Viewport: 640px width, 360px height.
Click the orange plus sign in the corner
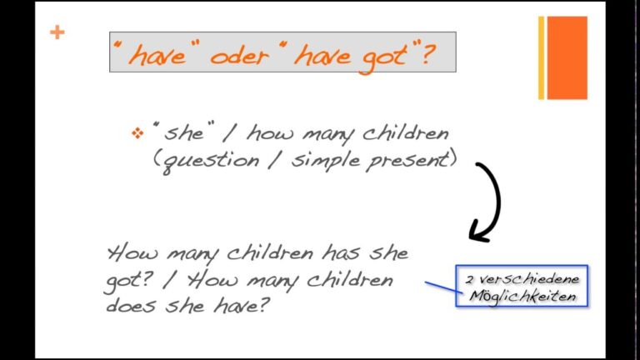click(x=57, y=32)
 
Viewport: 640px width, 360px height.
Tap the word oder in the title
click(x=240, y=56)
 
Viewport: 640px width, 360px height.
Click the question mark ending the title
click(x=427, y=53)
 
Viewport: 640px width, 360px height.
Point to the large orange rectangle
click(x=567, y=57)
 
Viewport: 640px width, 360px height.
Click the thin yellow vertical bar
click(x=541, y=57)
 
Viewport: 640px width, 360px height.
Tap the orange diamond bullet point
click(x=137, y=133)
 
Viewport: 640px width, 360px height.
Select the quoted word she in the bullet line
click(x=183, y=132)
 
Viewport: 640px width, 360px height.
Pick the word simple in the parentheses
click(x=326, y=160)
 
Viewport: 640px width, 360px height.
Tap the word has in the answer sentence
click(x=341, y=252)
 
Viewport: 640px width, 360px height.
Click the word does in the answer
click(x=131, y=304)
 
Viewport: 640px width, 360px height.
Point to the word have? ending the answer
click(x=241, y=304)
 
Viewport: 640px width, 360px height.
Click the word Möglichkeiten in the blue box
click(x=522, y=296)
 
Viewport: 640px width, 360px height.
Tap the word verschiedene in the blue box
click(x=529, y=280)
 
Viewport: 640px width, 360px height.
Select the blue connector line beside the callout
click(x=444, y=287)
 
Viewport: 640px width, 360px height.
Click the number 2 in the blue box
click(x=470, y=280)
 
